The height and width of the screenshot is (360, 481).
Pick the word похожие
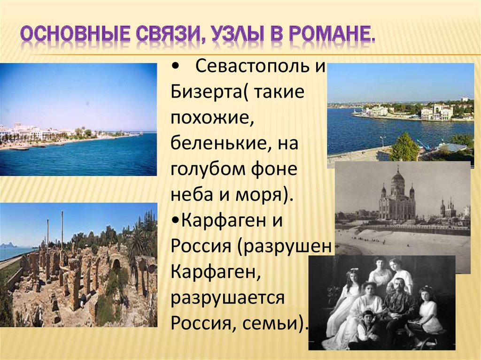[x=212, y=118]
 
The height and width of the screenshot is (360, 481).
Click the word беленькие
[x=221, y=143]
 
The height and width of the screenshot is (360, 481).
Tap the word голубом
[x=208, y=169]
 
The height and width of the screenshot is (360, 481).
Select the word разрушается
[x=227, y=298]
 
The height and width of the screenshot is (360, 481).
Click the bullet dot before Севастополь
[x=176, y=67]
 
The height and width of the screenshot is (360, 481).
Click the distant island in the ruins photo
[x=8, y=246]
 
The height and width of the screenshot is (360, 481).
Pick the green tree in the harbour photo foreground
[x=404, y=147]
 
